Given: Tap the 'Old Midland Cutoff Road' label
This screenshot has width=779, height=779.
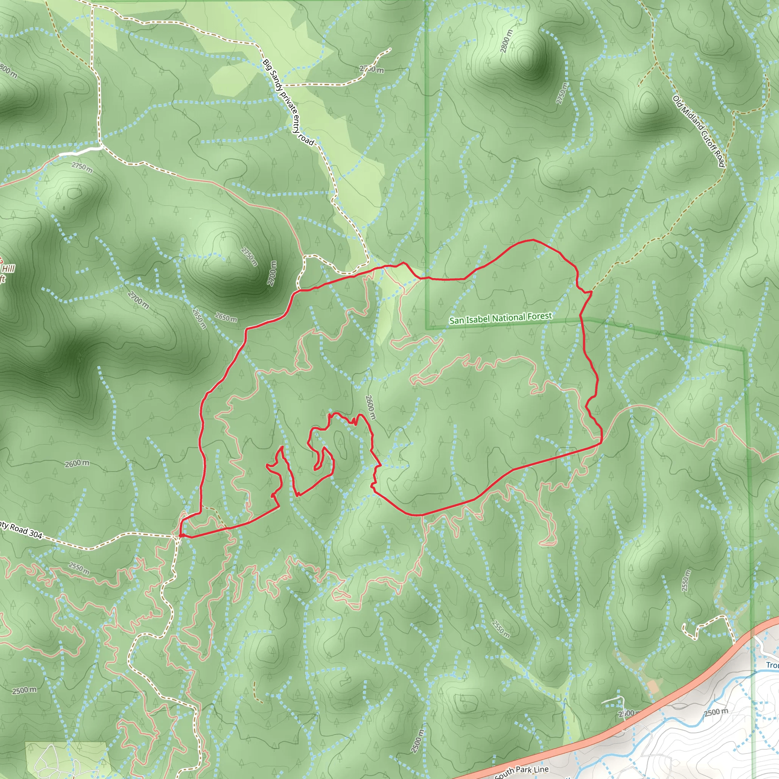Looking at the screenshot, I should click(699, 131).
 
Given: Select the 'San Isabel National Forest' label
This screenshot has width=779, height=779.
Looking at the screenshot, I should click(501, 318).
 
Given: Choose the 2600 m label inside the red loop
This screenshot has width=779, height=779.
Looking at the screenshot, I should click(370, 407).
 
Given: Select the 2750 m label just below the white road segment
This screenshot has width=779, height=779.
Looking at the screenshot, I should click(82, 167).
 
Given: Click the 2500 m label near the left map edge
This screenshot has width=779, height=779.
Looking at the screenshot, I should click(24, 690).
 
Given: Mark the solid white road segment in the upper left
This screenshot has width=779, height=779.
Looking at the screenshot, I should click(80, 151).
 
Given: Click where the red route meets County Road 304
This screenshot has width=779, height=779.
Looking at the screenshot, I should click(180, 536).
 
